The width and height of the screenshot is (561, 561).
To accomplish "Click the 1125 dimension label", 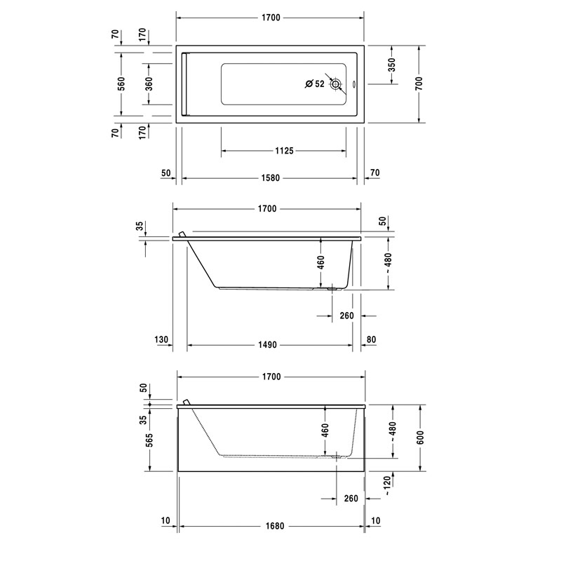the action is (284, 151).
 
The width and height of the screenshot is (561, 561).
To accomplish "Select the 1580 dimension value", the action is (271, 178).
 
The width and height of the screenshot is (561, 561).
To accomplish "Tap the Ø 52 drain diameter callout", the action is (314, 83).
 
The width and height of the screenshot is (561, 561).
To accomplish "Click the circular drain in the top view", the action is (336, 84).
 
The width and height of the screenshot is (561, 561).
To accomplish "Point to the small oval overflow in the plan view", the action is (353, 85).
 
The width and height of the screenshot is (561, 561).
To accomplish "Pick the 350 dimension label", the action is (392, 65).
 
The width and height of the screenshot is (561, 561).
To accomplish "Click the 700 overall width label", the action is (419, 83).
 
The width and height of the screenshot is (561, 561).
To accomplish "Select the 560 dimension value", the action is (121, 83).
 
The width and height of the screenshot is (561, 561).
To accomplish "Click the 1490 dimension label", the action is (268, 344).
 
